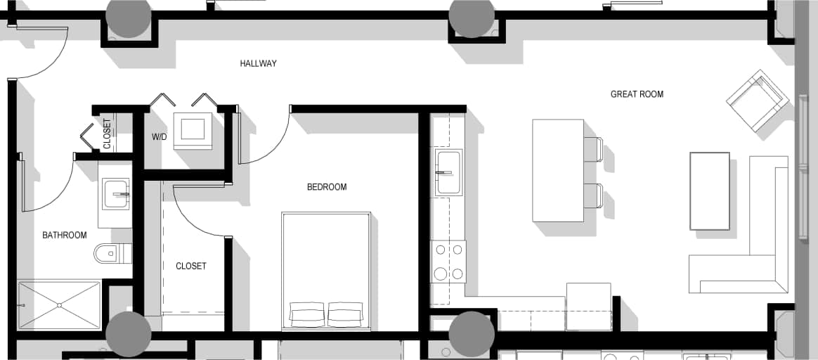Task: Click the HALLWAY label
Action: click(258, 63)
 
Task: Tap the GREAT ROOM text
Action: click(637, 94)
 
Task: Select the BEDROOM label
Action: click(327, 187)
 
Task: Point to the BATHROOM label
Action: click(65, 235)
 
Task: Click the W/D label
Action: click(160, 136)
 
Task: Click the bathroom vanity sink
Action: click(116, 193)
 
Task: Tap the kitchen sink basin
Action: click(448, 172)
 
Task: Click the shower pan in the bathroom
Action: click(59, 305)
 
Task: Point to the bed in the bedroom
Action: click(326, 260)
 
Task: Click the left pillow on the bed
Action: click(307, 314)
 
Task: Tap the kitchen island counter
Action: click(558, 170)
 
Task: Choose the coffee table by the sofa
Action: click(709, 191)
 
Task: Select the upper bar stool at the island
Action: click(593, 149)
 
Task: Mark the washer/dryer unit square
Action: click(193, 129)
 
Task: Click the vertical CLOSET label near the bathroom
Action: click(107, 134)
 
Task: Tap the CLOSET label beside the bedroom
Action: click(191, 266)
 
